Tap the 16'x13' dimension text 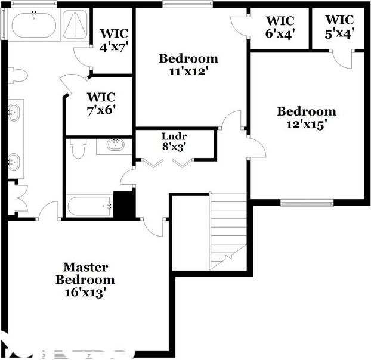click(x=85, y=292)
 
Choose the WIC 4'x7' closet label click(x=113, y=38)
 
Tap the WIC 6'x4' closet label click(x=279, y=27)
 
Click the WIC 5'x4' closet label click(x=340, y=27)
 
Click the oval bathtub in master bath click(x=33, y=25)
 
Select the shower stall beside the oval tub click(x=75, y=25)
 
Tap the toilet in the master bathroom click(x=18, y=76)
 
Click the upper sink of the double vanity click(x=14, y=111)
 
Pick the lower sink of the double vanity click(x=14, y=162)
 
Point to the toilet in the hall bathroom click(x=78, y=148)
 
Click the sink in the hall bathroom click(x=115, y=145)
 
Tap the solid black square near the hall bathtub click(x=124, y=205)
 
